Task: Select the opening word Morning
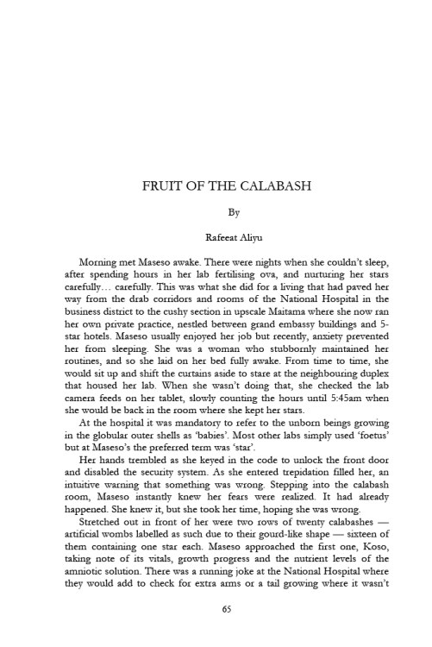[x=99, y=260]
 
